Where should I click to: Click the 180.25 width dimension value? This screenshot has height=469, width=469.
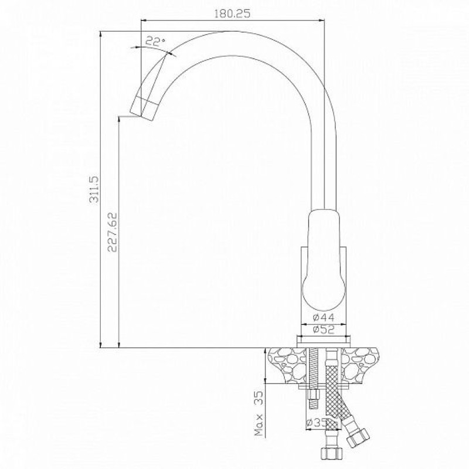(232, 13)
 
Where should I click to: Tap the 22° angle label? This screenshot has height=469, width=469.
(155, 41)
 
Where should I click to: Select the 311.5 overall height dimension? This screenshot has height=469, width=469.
(94, 189)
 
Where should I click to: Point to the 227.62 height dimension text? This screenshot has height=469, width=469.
(113, 232)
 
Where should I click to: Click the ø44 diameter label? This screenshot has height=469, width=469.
(324, 317)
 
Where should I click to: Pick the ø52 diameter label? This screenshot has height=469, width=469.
(324, 329)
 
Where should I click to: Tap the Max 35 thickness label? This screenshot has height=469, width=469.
(259, 413)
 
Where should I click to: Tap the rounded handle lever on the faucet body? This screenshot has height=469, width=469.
(324, 260)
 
